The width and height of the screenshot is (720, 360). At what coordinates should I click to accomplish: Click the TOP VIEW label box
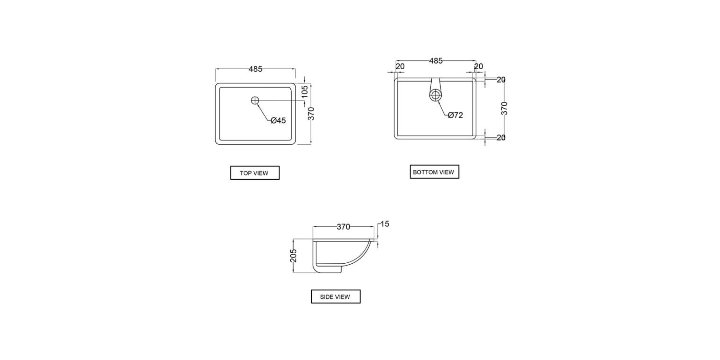pos(254,173)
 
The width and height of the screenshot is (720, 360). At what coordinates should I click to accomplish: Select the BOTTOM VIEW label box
pos(434,172)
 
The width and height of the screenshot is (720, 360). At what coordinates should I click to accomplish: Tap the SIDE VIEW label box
pos(335,297)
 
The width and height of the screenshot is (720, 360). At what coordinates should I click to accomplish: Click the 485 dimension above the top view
pos(255,69)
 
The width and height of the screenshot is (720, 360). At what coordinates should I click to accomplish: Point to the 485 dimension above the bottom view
pos(436,61)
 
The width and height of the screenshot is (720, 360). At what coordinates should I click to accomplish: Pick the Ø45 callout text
pos(278,120)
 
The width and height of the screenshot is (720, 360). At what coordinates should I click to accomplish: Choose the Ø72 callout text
pos(455,115)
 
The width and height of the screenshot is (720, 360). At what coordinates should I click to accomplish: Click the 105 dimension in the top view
pos(305,92)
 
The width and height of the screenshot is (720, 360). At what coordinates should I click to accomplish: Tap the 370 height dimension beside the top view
pos(311,114)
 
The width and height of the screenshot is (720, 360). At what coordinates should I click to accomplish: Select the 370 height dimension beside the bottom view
pos(504,108)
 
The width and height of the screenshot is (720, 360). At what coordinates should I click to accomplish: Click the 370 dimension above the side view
pos(343,227)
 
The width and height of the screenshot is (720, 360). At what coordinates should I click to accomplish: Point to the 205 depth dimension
pos(293,256)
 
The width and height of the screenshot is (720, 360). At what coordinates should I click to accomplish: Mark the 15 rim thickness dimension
pos(385,224)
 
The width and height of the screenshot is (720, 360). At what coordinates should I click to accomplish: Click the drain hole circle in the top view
pos(255,100)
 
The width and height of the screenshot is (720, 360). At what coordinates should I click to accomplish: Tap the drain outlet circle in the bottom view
pos(435,95)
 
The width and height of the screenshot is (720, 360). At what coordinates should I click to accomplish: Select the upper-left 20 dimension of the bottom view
pos(400,66)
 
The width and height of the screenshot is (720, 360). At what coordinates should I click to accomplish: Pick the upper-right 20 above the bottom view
pos(479,66)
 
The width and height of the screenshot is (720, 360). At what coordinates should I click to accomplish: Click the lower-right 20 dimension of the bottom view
pos(501,137)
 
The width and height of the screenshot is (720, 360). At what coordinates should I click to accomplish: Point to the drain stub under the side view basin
pos(331,270)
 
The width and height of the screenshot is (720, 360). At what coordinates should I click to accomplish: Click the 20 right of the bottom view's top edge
pos(501,80)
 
